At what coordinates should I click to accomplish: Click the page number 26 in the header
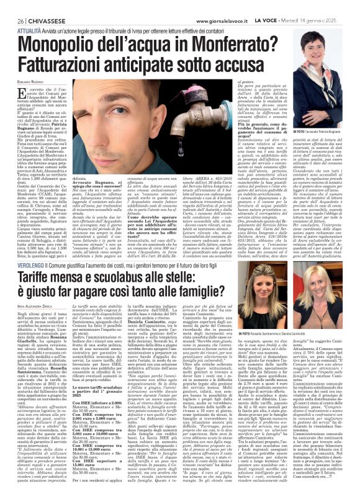click(12, 6)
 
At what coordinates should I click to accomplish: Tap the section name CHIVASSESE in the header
click(41, 6)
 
